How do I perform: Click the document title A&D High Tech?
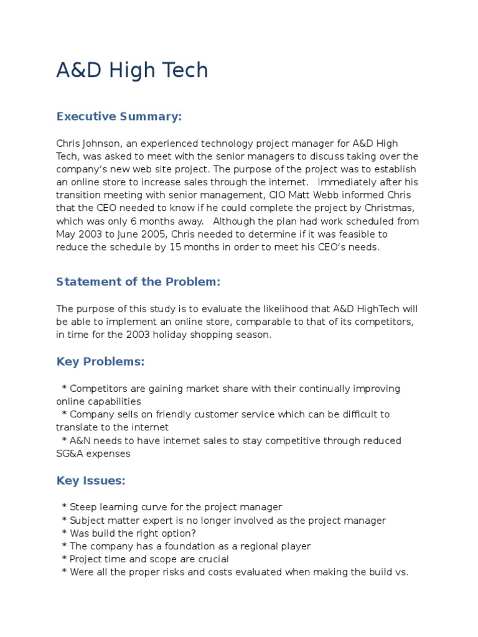[x=132, y=70]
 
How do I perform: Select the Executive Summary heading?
[x=119, y=116]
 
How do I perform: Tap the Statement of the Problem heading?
[x=138, y=282]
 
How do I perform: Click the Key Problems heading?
[x=100, y=361]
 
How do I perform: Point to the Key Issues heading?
[x=91, y=480]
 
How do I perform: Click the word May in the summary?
[x=65, y=234]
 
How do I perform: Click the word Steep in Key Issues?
[x=83, y=507]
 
